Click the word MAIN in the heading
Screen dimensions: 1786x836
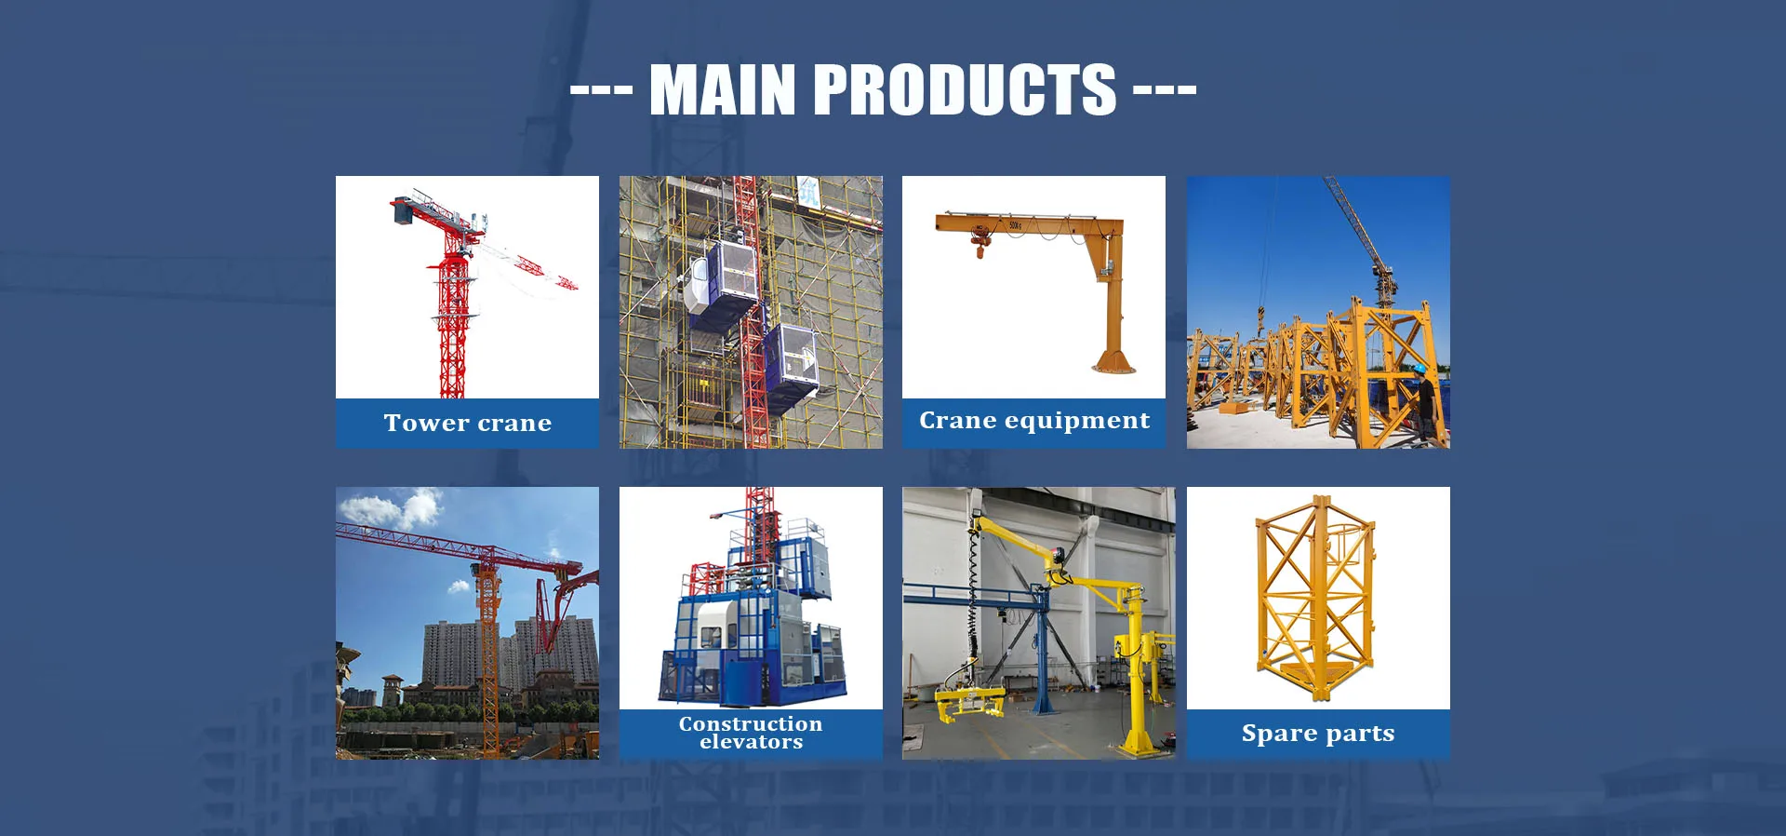(x=723, y=89)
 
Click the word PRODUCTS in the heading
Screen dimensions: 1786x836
(x=966, y=89)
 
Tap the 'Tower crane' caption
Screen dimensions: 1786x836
(x=468, y=424)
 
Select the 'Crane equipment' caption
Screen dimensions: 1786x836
(x=1034, y=421)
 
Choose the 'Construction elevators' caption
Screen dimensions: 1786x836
(x=751, y=733)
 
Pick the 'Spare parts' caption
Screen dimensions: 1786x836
(x=1318, y=734)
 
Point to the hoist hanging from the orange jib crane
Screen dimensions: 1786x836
(x=978, y=241)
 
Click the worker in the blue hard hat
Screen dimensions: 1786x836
(x=1424, y=400)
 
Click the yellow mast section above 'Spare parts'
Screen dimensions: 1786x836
(x=1315, y=599)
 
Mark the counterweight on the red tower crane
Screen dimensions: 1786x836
(x=404, y=213)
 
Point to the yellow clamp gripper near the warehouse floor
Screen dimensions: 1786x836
(x=968, y=702)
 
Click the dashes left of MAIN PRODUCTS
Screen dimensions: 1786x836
(x=601, y=90)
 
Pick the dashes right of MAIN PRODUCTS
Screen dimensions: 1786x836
(x=1165, y=90)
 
